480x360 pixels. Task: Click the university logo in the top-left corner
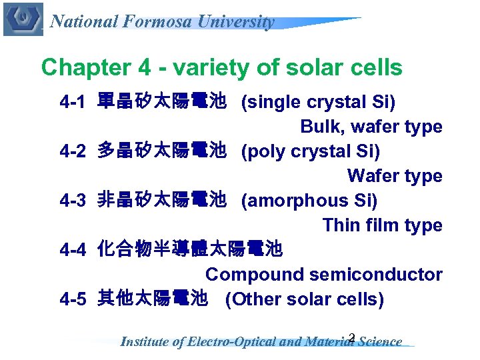coord(23,19)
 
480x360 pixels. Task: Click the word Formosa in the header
coord(156,22)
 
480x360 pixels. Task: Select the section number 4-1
coord(73,103)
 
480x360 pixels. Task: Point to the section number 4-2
coord(73,152)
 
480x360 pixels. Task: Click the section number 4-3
coord(73,201)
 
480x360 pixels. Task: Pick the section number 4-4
coord(73,251)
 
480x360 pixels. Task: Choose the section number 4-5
coord(73,299)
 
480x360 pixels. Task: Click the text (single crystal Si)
coord(318,103)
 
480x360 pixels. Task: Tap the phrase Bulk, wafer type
coord(371,127)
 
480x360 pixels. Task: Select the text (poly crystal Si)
coord(311,152)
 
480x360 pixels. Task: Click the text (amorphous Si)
coord(309,201)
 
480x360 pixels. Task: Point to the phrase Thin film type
coord(382,225)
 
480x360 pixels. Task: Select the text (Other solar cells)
coord(305,299)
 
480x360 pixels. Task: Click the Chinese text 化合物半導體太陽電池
coord(190,251)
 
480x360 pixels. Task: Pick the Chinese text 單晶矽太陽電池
coord(162,103)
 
